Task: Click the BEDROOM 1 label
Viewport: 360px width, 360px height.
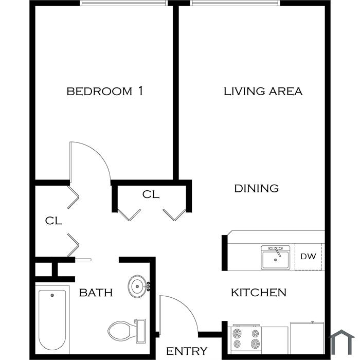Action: [x=105, y=91]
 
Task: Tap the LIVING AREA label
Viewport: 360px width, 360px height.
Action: [x=263, y=91]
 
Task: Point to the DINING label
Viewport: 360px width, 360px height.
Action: [x=257, y=188]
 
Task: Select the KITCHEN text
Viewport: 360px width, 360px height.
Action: [x=259, y=292]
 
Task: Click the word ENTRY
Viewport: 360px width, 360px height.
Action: [x=187, y=351]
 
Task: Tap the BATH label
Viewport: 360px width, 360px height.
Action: [x=96, y=293]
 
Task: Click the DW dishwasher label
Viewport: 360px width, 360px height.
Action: [x=308, y=256]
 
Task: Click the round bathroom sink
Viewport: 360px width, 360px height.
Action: [x=137, y=286]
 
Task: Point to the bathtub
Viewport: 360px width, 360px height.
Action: [x=52, y=319]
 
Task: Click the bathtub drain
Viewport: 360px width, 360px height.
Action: [x=52, y=295]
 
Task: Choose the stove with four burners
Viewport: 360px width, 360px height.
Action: [x=246, y=339]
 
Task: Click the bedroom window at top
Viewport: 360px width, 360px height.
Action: [x=123, y=3]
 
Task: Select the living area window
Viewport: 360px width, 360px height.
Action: [x=235, y=3]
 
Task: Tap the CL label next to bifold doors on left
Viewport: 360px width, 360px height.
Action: [x=53, y=221]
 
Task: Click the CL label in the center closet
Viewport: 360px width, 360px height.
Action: [x=151, y=194]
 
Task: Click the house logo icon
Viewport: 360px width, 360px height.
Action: [x=342, y=342]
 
